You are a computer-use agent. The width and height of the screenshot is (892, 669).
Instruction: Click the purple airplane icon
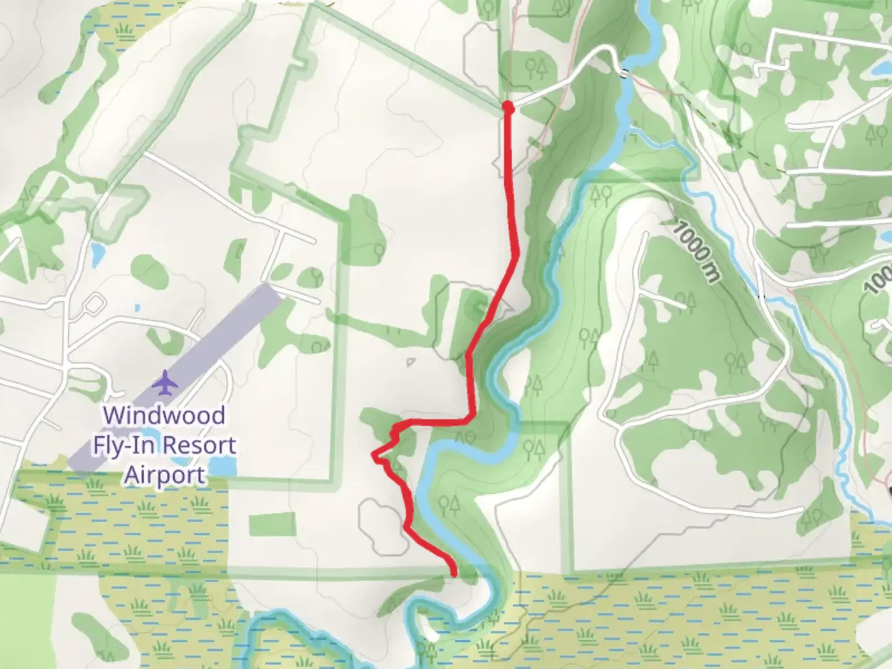click(165, 382)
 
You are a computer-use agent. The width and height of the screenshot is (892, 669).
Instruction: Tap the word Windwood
click(164, 414)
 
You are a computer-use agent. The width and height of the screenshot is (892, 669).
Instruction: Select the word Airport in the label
click(164, 476)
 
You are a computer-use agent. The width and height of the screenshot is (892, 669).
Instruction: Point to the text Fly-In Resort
click(164, 445)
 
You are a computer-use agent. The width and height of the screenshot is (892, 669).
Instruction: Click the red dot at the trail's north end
click(508, 108)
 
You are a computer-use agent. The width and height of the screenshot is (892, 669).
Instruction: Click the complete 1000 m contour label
click(694, 252)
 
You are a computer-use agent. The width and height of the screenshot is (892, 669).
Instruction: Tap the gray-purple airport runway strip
click(180, 372)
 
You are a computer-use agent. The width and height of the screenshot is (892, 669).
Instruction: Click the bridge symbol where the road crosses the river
click(624, 72)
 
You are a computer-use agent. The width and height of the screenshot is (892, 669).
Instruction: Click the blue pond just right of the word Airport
click(222, 466)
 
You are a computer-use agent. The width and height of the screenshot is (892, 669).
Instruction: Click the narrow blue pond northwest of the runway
click(96, 252)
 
